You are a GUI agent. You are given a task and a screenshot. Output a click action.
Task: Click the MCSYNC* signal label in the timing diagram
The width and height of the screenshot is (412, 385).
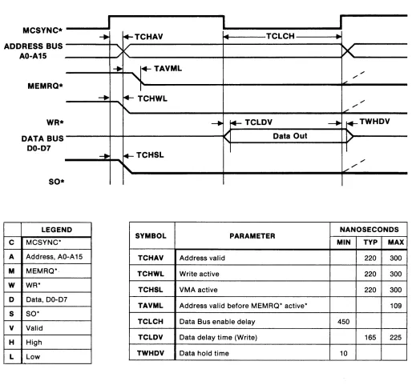[42, 30]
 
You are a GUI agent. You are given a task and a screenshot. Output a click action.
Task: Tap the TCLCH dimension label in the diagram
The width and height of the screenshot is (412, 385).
[281, 36]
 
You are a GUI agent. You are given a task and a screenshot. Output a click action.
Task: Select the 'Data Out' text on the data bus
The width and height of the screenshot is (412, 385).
[290, 136]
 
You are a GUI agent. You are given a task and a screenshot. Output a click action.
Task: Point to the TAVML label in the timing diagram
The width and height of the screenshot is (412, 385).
[168, 69]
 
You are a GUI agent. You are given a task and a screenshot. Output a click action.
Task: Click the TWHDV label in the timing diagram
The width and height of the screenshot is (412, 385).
[374, 122]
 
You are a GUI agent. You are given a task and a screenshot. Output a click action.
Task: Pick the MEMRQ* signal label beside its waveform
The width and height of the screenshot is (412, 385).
[45, 86]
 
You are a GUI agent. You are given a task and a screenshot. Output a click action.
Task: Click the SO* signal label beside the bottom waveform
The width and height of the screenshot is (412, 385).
[56, 182]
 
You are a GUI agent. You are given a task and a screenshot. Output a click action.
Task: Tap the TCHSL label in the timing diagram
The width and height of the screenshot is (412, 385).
[150, 155]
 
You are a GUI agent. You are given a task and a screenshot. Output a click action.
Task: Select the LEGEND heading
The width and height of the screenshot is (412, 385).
[57, 230]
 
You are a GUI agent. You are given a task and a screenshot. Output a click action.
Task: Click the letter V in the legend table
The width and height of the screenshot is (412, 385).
[11, 328]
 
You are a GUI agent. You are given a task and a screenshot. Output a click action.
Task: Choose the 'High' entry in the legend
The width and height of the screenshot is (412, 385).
[34, 343]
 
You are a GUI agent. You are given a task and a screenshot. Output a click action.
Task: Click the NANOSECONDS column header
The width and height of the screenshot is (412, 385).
[369, 230]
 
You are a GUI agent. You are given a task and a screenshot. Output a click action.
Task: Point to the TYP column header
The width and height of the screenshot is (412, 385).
[370, 243]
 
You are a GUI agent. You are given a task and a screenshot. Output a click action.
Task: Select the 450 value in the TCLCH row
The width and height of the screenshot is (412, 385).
[343, 322]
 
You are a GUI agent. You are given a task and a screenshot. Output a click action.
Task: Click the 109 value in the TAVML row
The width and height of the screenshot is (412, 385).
[396, 306]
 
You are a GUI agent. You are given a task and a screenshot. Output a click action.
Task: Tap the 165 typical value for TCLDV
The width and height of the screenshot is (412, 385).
[370, 338]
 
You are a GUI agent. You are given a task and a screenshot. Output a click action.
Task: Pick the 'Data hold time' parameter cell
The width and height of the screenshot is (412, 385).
[204, 353]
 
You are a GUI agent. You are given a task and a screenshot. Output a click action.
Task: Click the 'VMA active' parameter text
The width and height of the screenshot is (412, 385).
[198, 290]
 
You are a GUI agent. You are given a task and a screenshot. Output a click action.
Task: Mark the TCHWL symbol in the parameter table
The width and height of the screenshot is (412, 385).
[151, 274]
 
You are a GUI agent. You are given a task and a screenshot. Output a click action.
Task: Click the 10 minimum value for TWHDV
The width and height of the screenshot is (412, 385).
[344, 353]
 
